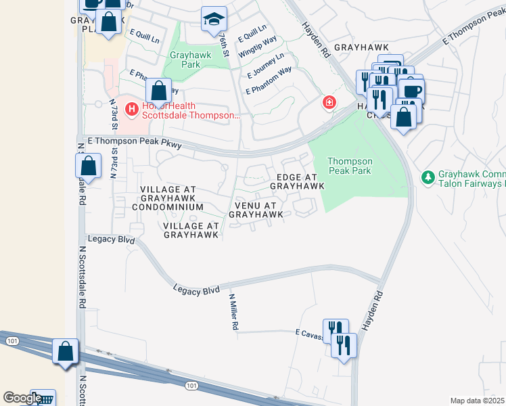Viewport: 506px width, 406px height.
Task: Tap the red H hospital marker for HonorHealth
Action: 131,108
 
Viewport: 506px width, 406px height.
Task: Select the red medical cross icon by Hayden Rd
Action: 329,102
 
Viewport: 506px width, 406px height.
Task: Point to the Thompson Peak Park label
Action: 350,166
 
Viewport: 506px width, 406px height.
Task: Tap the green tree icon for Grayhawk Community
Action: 428,178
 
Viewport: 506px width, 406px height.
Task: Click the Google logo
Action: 22,398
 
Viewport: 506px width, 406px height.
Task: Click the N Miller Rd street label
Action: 234,312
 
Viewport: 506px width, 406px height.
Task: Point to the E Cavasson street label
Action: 308,332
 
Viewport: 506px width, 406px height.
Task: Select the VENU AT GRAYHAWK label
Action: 256,210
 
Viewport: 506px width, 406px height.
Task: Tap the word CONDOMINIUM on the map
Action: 168,206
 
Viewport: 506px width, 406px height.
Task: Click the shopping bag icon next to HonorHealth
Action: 158,90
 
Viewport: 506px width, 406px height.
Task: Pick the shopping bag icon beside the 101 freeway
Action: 66,351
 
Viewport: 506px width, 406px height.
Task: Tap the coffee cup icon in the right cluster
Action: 411,90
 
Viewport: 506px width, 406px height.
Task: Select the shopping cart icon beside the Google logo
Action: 44,400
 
